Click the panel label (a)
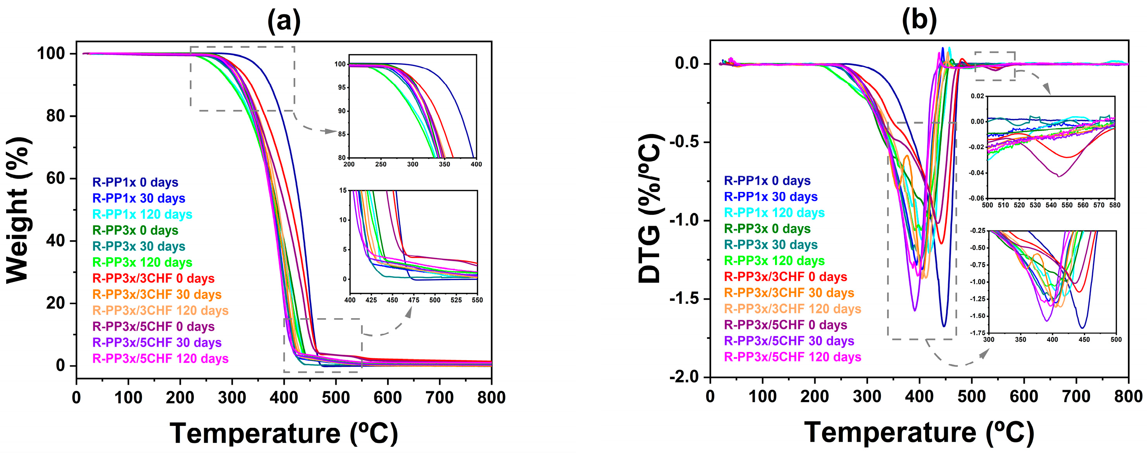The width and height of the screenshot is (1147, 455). pyautogui.click(x=284, y=21)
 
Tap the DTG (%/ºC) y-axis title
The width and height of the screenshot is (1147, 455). pyautogui.click(x=649, y=209)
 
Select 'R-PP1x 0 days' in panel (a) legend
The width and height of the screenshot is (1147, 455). pyautogui.click(x=135, y=182)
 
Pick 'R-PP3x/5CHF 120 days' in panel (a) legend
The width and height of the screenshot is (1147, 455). pyautogui.click(x=160, y=359)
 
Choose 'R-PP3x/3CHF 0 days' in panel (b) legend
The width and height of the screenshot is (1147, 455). pyautogui.click(x=785, y=277)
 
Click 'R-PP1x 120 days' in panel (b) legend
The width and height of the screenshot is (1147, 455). pyautogui.click(x=774, y=213)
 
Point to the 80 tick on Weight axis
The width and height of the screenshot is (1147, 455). pyautogui.click(x=55, y=116)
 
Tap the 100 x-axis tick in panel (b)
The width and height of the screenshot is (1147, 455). pyautogui.click(x=762, y=396)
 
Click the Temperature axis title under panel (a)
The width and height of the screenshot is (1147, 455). pyautogui.click(x=284, y=433)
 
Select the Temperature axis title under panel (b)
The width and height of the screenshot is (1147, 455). pyautogui.click(x=919, y=432)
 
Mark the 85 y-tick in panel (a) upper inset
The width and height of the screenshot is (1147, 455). pyautogui.click(x=342, y=134)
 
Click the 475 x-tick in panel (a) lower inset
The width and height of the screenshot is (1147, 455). pyautogui.click(x=413, y=300)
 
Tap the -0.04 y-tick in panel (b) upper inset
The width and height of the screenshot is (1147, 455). pyautogui.click(x=977, y=173)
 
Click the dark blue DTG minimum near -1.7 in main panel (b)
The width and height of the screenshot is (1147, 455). pyautogui.click(x=943, y=326)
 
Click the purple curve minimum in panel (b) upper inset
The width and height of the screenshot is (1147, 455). pyautogui.click(x=1058, y=176)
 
